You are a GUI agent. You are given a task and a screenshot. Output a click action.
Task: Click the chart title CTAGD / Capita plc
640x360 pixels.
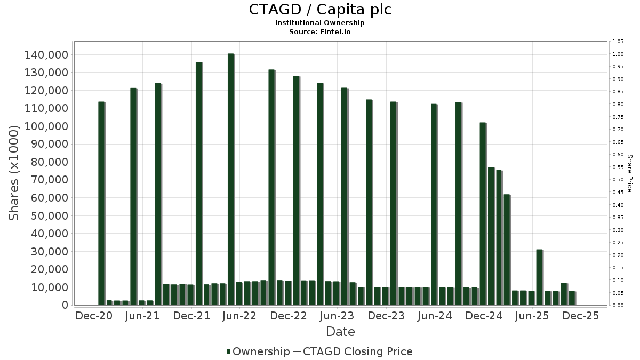point(320,10)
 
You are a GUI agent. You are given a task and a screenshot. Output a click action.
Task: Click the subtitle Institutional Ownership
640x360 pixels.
point(320,23)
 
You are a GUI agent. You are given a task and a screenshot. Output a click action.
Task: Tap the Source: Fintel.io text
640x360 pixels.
point(320,32)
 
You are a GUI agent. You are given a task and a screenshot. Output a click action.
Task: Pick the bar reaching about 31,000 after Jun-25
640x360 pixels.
point(539,277)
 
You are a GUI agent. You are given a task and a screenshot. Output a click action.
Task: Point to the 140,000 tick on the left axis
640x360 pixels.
point(46,55)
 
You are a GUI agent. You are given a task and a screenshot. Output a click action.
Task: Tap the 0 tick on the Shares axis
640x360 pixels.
point(65,305)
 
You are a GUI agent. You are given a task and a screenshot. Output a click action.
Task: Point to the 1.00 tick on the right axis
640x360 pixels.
point(618,54)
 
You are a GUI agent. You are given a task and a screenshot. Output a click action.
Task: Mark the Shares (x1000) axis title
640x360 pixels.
point(14,173)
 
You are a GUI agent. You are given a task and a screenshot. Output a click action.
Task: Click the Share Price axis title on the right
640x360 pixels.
point(629,173)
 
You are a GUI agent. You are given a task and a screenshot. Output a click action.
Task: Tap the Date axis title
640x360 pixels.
point(340,332)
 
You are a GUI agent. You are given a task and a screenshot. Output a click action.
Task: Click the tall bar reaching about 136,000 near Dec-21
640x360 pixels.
point(198,183)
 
